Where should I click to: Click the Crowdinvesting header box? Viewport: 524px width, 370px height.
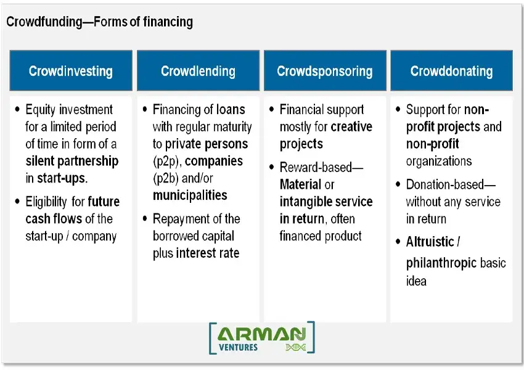71,71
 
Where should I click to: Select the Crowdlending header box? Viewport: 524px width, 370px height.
198,71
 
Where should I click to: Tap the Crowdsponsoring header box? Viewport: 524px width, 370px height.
325,71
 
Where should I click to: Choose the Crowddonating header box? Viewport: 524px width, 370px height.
451,71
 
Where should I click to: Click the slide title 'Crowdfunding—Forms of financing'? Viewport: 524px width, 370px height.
99,22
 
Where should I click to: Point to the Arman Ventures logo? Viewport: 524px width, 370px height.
261,338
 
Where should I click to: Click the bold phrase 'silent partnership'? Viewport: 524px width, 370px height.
72,162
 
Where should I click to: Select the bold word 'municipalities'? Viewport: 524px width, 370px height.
190,195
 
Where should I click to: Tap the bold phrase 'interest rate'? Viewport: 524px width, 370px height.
208,253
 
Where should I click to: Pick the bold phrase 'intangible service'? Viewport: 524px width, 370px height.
326,202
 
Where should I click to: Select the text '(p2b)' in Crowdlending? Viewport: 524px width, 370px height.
166,178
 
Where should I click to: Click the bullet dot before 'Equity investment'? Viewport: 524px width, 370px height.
17,110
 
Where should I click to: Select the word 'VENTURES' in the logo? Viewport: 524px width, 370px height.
239,347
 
